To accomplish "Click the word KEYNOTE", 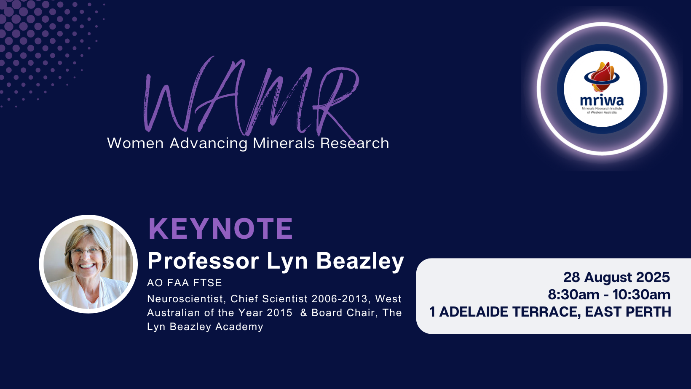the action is coord(220,229).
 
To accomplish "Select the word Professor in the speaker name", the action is coord(203,261).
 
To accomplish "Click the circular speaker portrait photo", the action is coord(88,264).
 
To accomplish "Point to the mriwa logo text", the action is coord(602,101).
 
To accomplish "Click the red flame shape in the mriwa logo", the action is coord(602,77).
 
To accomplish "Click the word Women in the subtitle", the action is coord(135,143).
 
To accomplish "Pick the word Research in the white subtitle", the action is coord(355,143).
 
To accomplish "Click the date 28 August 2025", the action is coord(617,277).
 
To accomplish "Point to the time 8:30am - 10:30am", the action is coord(609,295).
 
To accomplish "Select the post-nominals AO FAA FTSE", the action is coord(185,282).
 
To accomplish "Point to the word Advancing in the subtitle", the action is coord(209,144).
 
